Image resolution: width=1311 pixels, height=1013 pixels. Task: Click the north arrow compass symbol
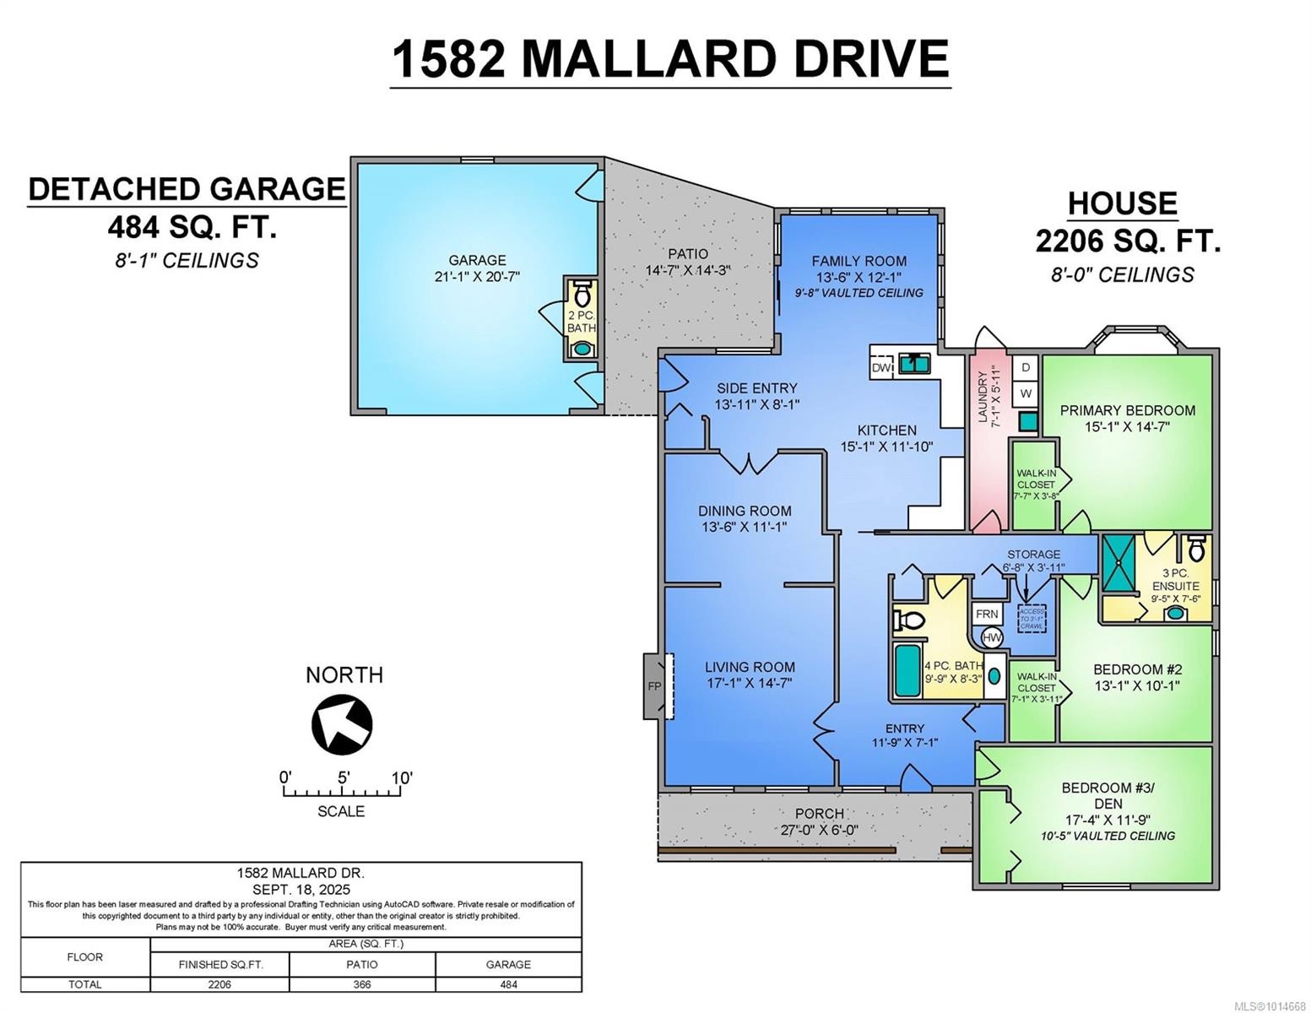tap(342, 723)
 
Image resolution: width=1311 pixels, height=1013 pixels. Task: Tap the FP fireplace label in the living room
tap(654, 685)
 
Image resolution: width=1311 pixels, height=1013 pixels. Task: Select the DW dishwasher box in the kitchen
tap(881, 368)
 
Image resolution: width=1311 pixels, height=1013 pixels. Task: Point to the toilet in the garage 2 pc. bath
tap(581, 295)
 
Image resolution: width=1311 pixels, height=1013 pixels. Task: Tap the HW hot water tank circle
tap(992, 638)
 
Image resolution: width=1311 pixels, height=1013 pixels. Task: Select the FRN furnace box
tap(986, 614)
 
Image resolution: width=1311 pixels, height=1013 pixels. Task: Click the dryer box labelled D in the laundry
tap(1026, 367)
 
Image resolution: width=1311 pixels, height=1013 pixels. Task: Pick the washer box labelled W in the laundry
tap(1026, 393)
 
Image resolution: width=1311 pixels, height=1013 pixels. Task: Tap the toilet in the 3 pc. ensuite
tap(1196, 549)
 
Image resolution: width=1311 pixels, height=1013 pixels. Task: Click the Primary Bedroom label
tap(1127, 410)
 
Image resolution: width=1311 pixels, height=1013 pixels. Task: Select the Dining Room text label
tap(745, 511)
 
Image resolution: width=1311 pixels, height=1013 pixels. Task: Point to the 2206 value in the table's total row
tap(219, 984)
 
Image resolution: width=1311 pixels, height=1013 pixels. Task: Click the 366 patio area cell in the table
tap(362, 984)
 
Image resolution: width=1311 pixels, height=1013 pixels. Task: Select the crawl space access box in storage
tap(1032, 618)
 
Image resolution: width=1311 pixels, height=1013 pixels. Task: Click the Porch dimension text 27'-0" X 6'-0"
tap(819, 830)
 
